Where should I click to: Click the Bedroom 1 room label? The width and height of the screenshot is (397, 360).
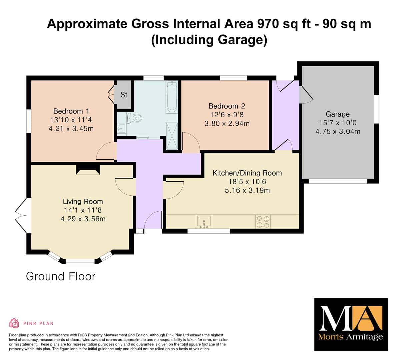(x=71, y=111)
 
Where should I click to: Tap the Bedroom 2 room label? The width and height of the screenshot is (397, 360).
(x=227, y=106)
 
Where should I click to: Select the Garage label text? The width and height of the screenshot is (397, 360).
(x=338, y=114)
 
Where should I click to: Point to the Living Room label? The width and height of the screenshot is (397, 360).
(x=83, y=202)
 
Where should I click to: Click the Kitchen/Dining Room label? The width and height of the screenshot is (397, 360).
(x=247, y=173)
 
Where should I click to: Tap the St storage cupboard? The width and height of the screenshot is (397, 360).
(x=124, y=94)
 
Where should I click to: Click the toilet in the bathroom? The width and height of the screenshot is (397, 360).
(x=134, y=118)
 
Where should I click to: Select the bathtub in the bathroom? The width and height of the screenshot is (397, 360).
(x=172, y=97)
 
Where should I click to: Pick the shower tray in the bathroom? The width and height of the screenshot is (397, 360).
(x=172, y=136)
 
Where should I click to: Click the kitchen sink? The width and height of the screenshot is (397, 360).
(x=204, y=222)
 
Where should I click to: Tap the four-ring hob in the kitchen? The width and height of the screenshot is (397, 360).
(x=263, y=222)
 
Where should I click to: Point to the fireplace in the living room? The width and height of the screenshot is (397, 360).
(x=88, y=170)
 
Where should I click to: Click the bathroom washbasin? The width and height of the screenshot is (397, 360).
(x=121, y=128)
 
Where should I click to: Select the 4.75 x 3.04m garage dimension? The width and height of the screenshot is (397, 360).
(x=338, y=131)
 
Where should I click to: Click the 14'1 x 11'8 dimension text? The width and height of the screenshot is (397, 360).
(x=83, y=210)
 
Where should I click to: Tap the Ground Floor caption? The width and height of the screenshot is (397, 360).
(x=61, y=276)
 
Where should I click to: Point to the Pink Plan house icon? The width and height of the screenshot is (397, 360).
(x=14, y=323)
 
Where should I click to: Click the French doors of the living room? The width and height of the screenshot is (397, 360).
(x=21, y=215)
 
